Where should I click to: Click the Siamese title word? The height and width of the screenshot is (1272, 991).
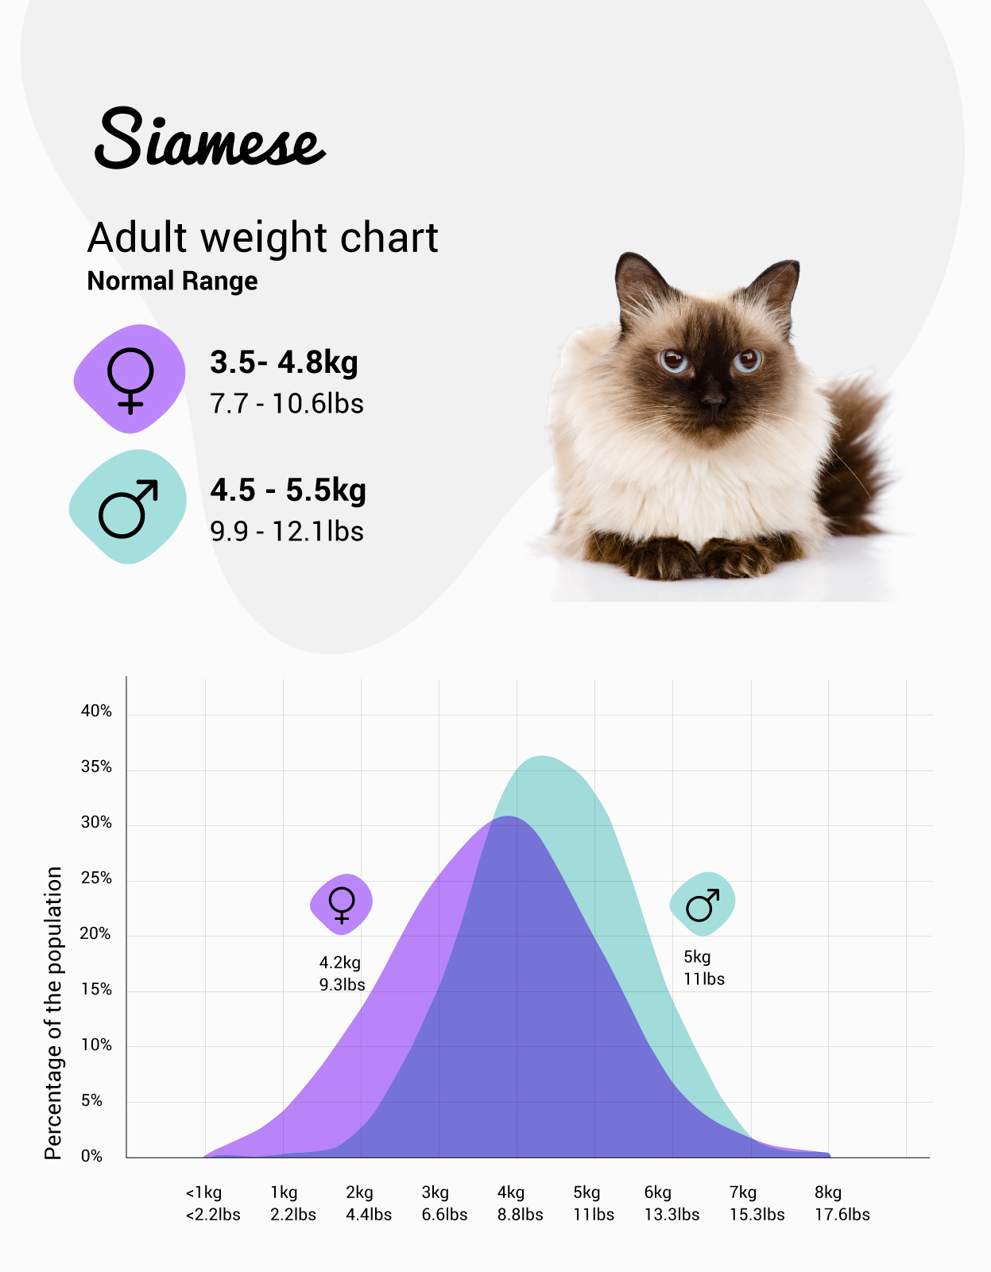tap(210, 140)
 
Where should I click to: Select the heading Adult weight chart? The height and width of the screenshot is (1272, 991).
tap(262, 238)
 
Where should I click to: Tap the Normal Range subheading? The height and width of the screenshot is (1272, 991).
tap(172, 281)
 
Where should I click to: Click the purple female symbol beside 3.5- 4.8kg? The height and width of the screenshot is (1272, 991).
tap(130, 379)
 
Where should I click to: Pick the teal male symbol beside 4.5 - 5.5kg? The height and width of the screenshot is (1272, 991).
tap(128, 507)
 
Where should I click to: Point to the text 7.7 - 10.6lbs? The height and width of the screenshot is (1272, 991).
tap(287, 404)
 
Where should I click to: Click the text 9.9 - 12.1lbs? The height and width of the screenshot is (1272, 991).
tap(287, 531)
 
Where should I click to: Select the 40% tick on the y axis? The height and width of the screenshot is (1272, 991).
tap(96, 712)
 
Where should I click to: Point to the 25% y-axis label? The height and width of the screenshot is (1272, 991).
tap(96, 878)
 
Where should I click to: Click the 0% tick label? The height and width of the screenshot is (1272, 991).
tap(91, 1157)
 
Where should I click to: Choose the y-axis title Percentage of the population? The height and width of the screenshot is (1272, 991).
tap(53, 1013)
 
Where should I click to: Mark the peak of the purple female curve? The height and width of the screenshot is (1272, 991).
tap(509, 817)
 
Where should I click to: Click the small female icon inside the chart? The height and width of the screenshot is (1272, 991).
tap(342, 904)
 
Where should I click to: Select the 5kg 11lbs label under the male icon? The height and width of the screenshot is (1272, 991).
tap(704, 968)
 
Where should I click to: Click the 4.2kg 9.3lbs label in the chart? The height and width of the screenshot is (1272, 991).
tap(342, 973)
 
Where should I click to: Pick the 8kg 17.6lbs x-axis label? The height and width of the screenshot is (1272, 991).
tap(842, 1203)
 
